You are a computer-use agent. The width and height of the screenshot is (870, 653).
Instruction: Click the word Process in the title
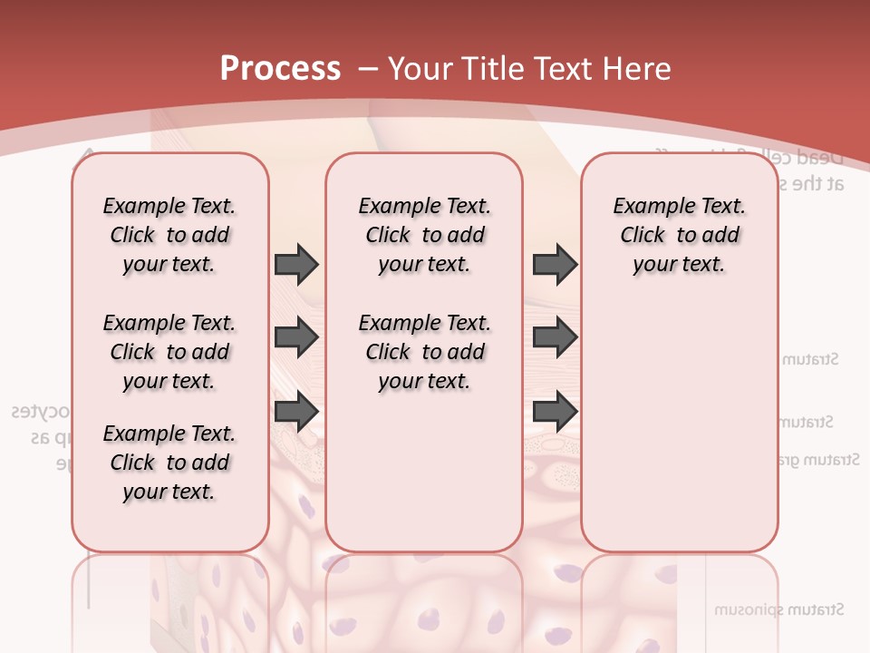[280, 68]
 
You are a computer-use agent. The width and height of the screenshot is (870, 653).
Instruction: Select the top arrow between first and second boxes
[296, 265]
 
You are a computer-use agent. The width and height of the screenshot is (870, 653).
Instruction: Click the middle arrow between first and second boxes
[296, 338]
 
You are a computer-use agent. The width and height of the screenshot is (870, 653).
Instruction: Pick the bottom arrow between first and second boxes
[296, 412]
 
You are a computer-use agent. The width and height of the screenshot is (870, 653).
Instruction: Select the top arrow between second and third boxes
[555, 265]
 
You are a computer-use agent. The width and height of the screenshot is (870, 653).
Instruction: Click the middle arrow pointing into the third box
[555, 338]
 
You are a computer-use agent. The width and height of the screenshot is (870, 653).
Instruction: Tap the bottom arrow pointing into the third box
[555, 412]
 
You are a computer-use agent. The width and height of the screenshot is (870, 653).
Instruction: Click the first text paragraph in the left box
[169, 235]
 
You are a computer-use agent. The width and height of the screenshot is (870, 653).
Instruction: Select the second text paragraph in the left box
[169, 352]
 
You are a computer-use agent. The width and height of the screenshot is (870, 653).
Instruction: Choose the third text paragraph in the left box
[169, 463]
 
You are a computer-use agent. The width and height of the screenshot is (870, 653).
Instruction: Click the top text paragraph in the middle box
[424, 235]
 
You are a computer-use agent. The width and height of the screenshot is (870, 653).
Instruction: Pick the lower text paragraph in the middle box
[424, 352]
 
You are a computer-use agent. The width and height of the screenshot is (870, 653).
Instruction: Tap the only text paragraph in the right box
[679, 235]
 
